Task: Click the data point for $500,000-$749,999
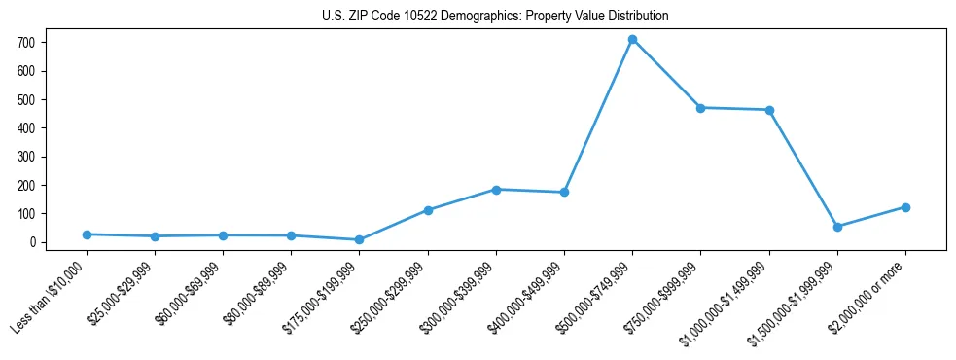point(632,40)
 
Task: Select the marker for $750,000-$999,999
point(700,108)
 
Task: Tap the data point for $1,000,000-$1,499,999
point(769,110)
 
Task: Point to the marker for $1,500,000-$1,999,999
point(837,227)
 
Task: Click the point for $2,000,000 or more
point(905,207)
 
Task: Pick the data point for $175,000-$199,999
point(360,239)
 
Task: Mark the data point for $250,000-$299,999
point(428,210)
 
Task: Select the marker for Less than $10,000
point(87,234)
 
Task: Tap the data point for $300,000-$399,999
point(496,190)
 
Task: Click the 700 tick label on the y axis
point(26,43)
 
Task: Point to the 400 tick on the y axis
point(26,128)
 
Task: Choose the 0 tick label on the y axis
point(32,242)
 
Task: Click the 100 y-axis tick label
point(26,214)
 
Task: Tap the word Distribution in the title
point(635,17)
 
